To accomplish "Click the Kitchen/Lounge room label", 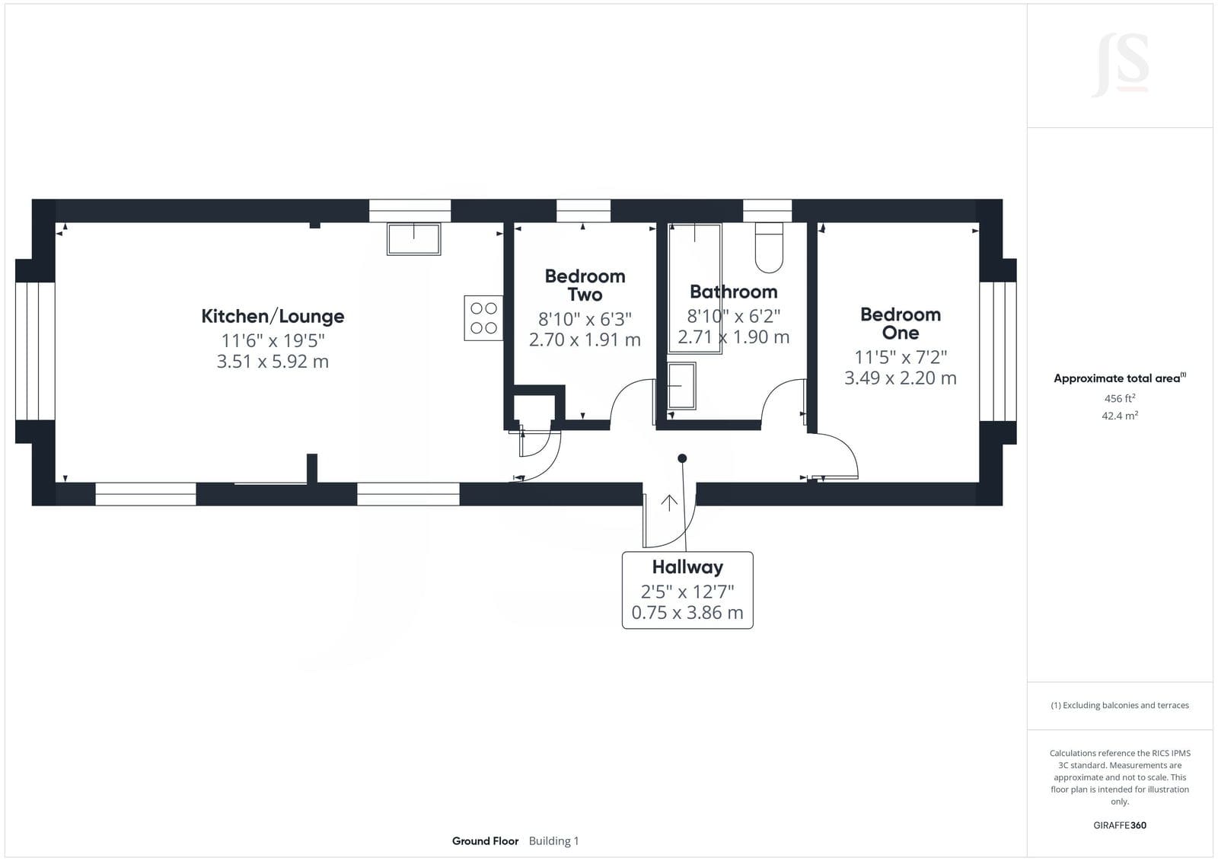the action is pyautogui.click(x=273, y=316).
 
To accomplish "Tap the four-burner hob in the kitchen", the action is pyautogui.click(x=483, y=318).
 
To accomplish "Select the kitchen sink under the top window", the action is pyautogui.click(x=414, y=239).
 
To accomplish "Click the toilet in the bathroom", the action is pyautogui.click(x=769, y=247).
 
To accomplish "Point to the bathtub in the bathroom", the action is pyautogui.click(x=695, y=289).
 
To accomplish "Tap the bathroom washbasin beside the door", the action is pyautogui.click(x=681, y=386).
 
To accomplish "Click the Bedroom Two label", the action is pyautogui.click(x=585, y=285).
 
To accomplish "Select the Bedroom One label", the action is pyautogui.click(x=901, y=323).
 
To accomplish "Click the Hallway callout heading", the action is pyautogui.click(x=688, y=566).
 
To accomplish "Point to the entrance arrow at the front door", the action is pyautogui.click(x=669, y=503).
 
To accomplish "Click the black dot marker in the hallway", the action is pyautogui.click(x=682, y=458).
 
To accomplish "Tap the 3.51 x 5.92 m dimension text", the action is pyautogui.click(x=273, y=361).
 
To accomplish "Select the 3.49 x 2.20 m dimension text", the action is pyautogui.click(x=901, y=378).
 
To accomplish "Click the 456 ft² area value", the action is pyautogui.click(x=1120, y=398).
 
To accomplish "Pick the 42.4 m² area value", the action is pyautogui.click(x=1120, y=416).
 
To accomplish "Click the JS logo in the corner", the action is pyautogui.click(x=1120, y=65).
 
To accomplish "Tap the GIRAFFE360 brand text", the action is pyautogui.click(x=1120, y=825).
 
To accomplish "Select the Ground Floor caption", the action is pyautogui.click(x=485, y=841).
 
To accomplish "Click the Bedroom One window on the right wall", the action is pyautogui.click(x=998, y=352).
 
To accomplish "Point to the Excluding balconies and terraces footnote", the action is pyautogui.click(x=1120, y=705).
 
